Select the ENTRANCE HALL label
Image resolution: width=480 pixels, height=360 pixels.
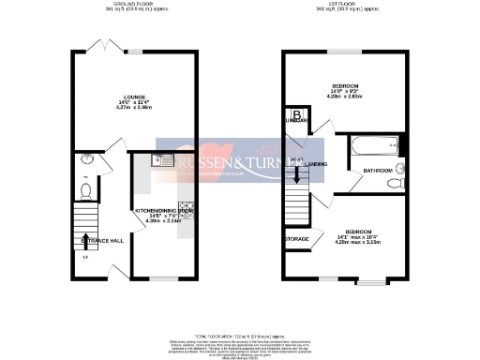(102, 240)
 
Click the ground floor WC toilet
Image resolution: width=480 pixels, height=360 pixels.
(85, 191)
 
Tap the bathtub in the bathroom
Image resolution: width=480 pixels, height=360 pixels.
(373, 145)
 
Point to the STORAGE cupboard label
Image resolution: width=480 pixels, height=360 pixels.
(297, 240)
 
